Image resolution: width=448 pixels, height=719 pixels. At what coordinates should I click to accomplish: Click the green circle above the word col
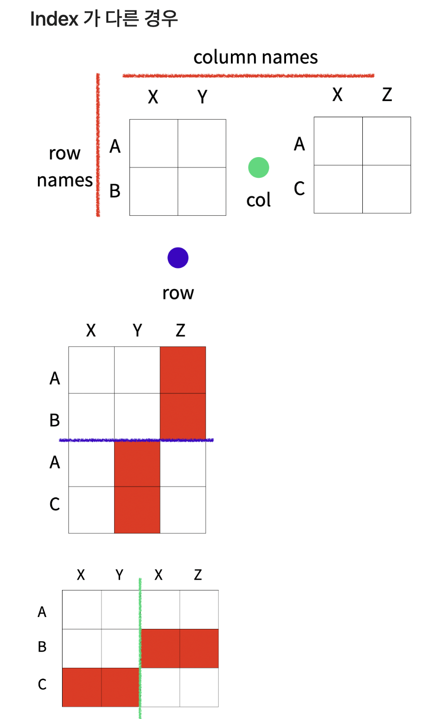pyautogui.click(x=258, y=167)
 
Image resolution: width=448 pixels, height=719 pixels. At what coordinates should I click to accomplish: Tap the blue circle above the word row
pyautogui.click(x=178, y=258)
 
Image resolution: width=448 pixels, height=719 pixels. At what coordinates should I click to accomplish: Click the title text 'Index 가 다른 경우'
pyautogui.click(x=103, y=19)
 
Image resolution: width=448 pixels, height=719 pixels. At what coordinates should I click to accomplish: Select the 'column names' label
pyautogui.click(x=256, y=57)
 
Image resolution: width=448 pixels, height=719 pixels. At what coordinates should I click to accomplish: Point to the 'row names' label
pyautogui.click(x=64, y=166)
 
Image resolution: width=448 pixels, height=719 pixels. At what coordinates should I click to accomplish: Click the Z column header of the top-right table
pyautogui.click(x=387, y=94)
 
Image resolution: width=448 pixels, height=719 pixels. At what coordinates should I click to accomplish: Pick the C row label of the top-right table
pyautogui.click(x=299, y=189)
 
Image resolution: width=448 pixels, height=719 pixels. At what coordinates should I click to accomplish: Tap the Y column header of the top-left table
pyautogui.click(x=202, y=97)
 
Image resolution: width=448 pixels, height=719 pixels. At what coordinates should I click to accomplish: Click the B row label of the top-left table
pyautogui.click(x=115, y=191)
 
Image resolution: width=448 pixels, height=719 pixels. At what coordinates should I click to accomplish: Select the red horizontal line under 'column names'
pyautogui.click(x=248, y=75)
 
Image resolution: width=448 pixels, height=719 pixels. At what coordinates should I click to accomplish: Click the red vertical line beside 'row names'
pyautogui.click(x=98, y=145)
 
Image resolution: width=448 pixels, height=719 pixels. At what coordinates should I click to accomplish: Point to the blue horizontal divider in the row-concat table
pyautogui.click(x=136, y=440)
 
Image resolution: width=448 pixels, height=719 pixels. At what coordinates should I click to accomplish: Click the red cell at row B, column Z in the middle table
pyautogui.click(x=183, y=416)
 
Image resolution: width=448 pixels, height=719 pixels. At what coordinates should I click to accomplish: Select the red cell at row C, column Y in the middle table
pyautogui.click(x=137, y=510)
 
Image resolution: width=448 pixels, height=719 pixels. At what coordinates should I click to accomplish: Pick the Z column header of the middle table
pyautogui.click(x=181, y=330)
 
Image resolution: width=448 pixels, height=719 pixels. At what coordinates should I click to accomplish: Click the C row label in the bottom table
pyautogui.click(x=42, y=685)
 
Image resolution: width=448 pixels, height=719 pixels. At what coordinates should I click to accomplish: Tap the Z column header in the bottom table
pyautogui.click(x=198, y=575)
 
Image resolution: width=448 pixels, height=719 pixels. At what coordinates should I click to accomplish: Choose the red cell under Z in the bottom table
pyautogui.click(x=199, y=648)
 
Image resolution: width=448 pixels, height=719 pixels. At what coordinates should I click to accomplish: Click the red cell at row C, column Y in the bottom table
pyautogui.click(x=120, y=687)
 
